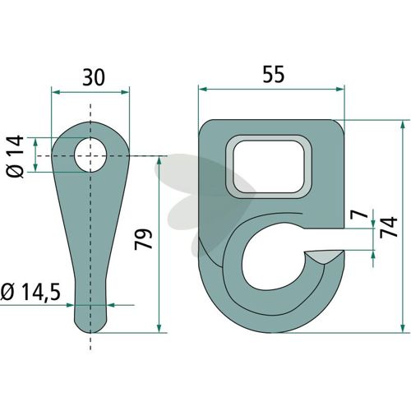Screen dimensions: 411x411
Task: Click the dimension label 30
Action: click(94, 77)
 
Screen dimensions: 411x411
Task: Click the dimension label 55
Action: click(274, 74)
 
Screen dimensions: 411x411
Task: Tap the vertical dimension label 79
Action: click(143, 239)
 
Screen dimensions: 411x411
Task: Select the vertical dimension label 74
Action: click(389, 227)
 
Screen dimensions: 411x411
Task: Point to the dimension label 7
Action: click(361, 212)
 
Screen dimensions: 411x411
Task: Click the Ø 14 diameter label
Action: click(15, 156)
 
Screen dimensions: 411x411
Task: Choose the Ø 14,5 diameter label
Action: click(30, 292)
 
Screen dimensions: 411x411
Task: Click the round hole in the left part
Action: click(90, 155)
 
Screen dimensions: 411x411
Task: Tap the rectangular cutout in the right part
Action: click(269, 166)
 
